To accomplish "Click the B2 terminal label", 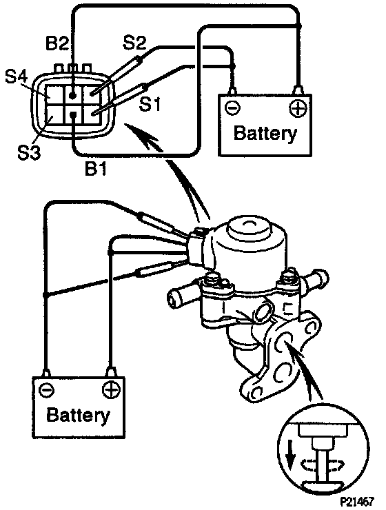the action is (58, 43).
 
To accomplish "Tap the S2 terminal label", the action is (134, 42).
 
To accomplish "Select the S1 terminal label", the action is (150, 104).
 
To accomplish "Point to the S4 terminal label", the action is (17, 77).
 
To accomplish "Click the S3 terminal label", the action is (29, 152).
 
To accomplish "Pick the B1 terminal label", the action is (96, 168).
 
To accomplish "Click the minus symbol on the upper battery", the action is (232, 108).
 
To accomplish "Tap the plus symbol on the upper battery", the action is (298, 108).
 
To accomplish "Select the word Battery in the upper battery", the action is (265, 133).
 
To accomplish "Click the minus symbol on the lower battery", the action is (46, 389).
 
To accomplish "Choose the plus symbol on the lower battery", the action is (111, 389).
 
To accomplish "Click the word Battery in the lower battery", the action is (78, 415).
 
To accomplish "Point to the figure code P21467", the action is (357, 501).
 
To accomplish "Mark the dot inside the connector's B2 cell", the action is (73, 96).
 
